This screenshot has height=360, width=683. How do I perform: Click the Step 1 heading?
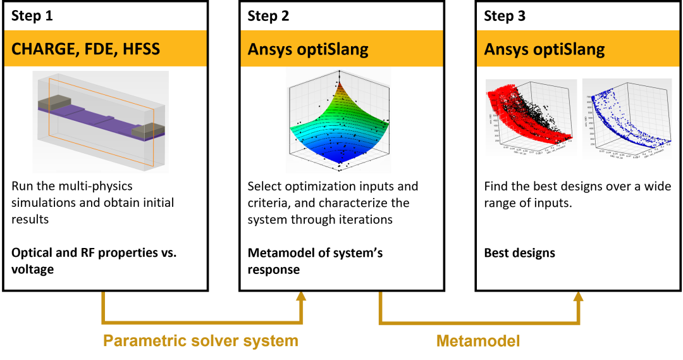click(x=32, y=16)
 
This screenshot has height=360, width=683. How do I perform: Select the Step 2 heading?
click(x=268, y=16)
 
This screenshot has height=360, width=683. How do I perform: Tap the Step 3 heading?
click(x=505, y=16)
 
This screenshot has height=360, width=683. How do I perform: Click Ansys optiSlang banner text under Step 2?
click(x=308, y=49)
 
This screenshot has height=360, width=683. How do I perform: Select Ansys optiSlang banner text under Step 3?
click(x=545, y=49)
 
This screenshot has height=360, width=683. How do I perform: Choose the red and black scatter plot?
click(x=530, y=117)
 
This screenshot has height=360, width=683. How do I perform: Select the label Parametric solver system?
click(x=200, y=341)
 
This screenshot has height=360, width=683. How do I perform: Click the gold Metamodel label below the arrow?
click(x=478, y=341)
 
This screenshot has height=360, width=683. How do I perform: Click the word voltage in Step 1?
click(x=32, y=270)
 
